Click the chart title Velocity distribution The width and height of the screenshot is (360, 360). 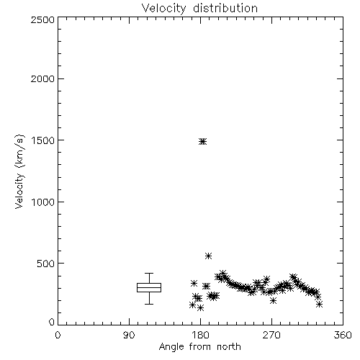click(199, 9)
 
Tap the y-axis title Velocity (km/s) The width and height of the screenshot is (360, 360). click(19, 171)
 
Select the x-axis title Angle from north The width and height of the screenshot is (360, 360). click(199, 347)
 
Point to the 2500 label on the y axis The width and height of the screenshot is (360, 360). click(42, 19)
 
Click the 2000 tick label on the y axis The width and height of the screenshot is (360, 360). click(42, 78)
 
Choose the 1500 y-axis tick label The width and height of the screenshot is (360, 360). click(43, 140)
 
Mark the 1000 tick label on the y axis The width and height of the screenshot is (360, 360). click(43, 202)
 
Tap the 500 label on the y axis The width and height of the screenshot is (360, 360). click(46, 264)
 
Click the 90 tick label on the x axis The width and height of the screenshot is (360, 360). click(129, 335)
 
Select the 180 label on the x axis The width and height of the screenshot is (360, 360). click(200, 335)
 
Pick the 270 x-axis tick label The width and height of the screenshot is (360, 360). click(271, 335)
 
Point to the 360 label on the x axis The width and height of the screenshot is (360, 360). click(343, 335)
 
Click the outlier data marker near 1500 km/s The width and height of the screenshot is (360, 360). click(203, 142)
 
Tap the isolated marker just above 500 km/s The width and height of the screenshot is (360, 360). click(209, 256)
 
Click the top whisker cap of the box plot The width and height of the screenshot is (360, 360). click(149, 273)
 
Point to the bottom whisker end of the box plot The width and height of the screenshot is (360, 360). click(149, 304)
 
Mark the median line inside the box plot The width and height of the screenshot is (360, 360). click(149, 287)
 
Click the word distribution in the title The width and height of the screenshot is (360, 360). click(225, 9)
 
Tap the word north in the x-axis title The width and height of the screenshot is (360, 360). click(229, 347)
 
